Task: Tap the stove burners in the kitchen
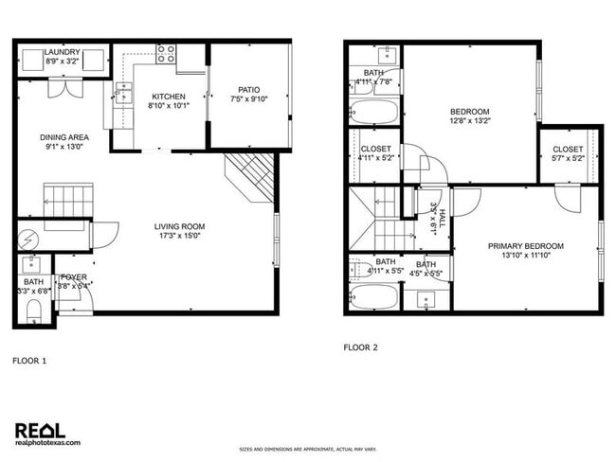pos(167,53)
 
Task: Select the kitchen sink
pos(123,91)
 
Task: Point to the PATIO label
pos(249,91)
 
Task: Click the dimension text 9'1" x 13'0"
pos(65,146)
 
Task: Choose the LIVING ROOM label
pos(179,226)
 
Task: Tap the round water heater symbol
pos(27,238)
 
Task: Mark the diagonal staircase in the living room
pos(251,176)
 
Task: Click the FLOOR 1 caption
pos(28,361)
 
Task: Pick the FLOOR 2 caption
pos(360,347)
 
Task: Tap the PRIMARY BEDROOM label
pos(526,246)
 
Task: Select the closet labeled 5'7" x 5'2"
pos(568,153)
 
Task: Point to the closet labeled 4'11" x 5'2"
pos(375,153)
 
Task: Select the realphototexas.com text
pos(48,442)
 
